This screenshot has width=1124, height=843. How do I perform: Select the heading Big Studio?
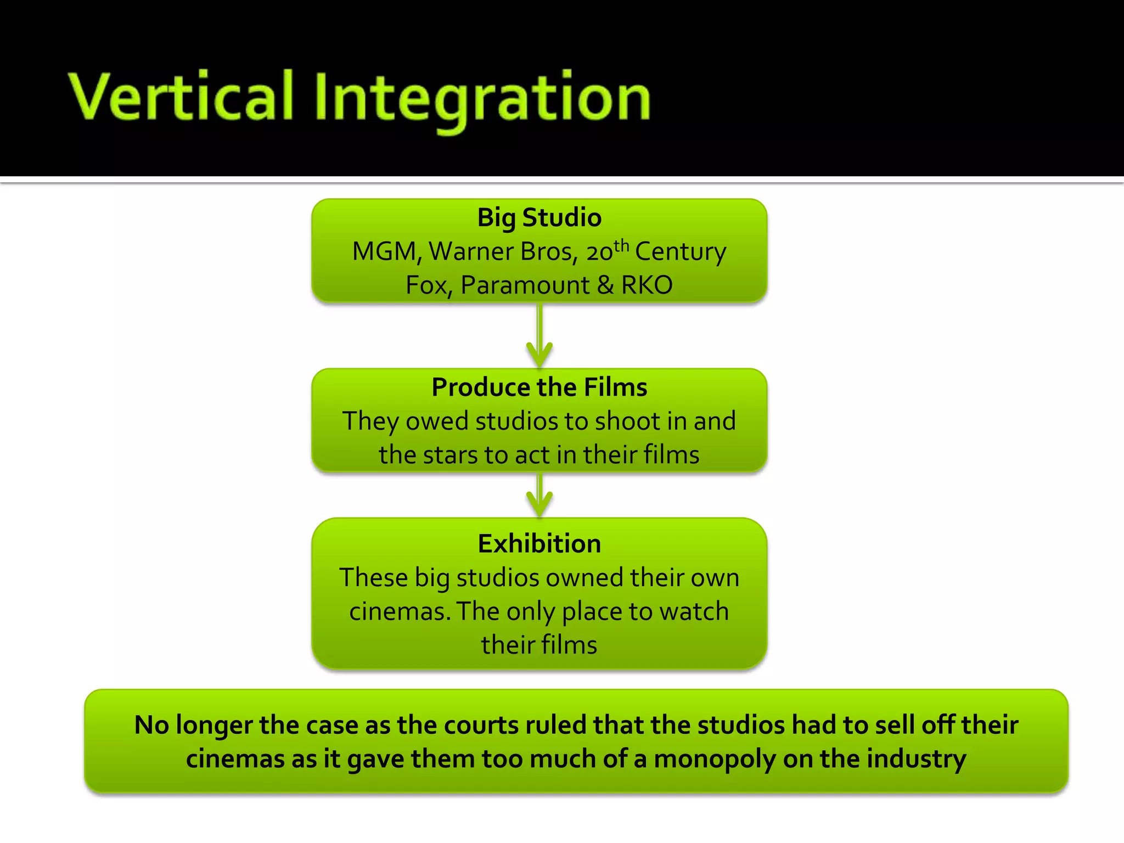539,217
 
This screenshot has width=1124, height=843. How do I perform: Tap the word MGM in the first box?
385,252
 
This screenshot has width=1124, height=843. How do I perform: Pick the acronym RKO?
647,285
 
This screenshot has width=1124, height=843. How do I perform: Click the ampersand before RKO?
605,285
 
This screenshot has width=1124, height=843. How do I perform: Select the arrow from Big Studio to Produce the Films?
539,335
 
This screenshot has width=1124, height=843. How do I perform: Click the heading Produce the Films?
539,387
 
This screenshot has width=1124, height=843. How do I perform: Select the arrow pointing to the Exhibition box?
539,494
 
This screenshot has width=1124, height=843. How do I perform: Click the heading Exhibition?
539,544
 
